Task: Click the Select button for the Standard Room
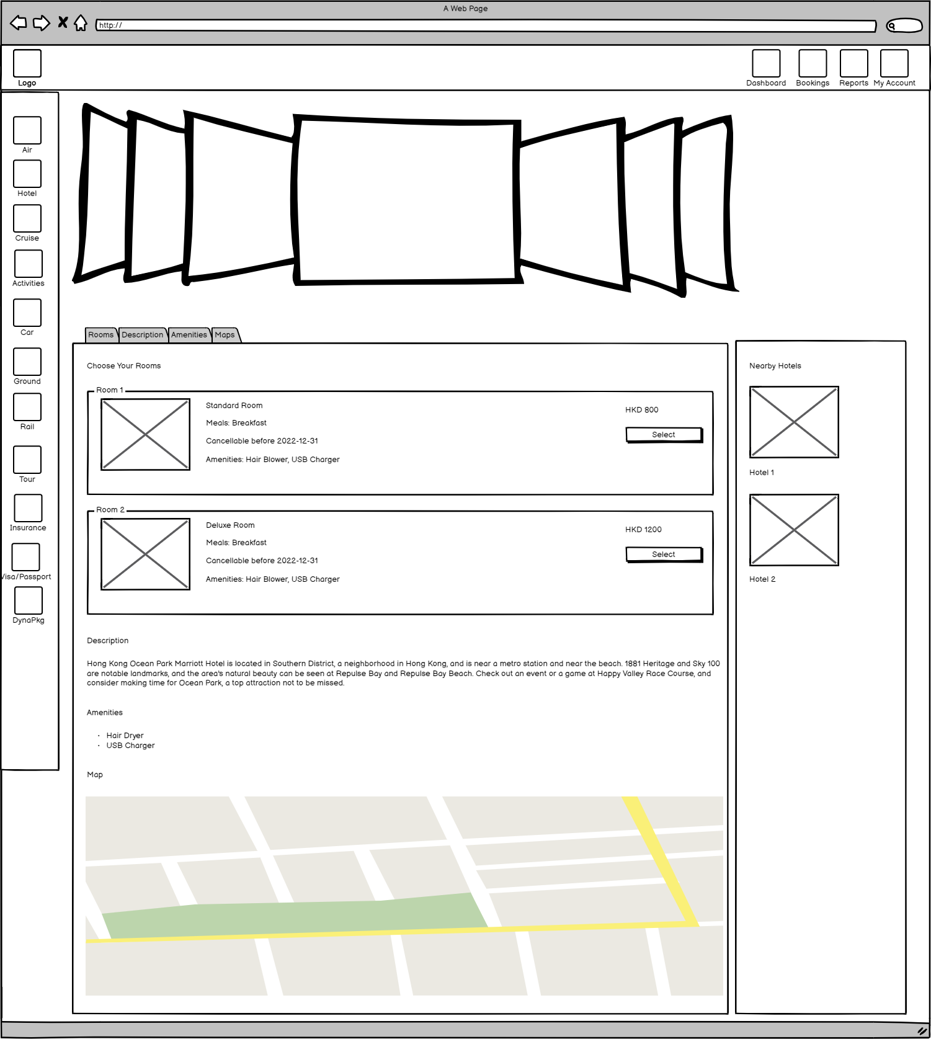(664, 435)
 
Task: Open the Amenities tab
(189, 335)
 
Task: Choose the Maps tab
(225, 335)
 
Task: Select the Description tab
(143, 335)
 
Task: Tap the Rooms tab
(101, 335)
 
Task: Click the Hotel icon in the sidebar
(27, 174)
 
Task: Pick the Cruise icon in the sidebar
(27, 218)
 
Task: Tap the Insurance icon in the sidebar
(28, 508)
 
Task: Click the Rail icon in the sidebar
(27, 407)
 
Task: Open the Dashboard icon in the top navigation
(766, 63)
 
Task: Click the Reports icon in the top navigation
(853, 63)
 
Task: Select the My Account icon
(894, 63)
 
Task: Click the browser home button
(81, 24)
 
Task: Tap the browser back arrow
(19, 24)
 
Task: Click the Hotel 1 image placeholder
(794, 422)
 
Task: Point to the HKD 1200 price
(643, 530)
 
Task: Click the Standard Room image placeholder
(145, 434)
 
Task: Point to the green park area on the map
(292, 916)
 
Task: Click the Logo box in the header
(27, 63)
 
